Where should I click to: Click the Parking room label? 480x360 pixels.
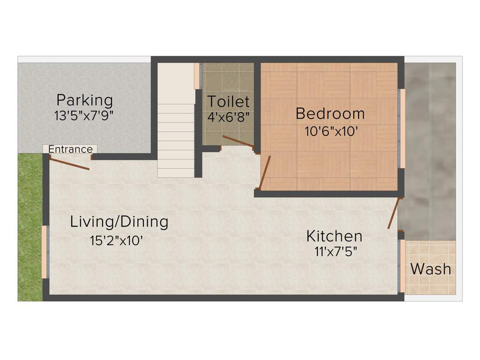pyautogui.click(x=85, y=100)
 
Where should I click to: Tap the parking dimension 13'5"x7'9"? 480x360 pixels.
pyautogui.click(x=84, y=116)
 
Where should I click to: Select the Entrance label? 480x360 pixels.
pyautogui.click(x=70, y=149)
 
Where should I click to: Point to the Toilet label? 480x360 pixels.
pyautogui.click(x=228, y=101)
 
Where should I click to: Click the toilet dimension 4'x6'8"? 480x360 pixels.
pyautogui.click(x=228, y=116)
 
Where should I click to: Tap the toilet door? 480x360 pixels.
pyautogui.click(x=238, y=142)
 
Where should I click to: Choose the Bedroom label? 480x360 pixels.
pyautogui.click(x=330, y=113)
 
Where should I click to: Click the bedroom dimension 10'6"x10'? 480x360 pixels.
pyautogui.click(x=332, y=131)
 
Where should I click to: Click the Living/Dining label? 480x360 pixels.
pyautogui.click(x=119, y=221)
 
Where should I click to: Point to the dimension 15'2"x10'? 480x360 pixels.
pyautogui.click(x=116, y=240)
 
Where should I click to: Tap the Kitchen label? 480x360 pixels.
pyautogui.click(x=334, y=235)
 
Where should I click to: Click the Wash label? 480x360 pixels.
pyautogui.click(x=430, y=269)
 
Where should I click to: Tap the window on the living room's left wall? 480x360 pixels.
pyautogui.click(x=45, y=252)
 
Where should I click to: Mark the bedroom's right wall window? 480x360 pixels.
pyautogui.click(x=402, y=128)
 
